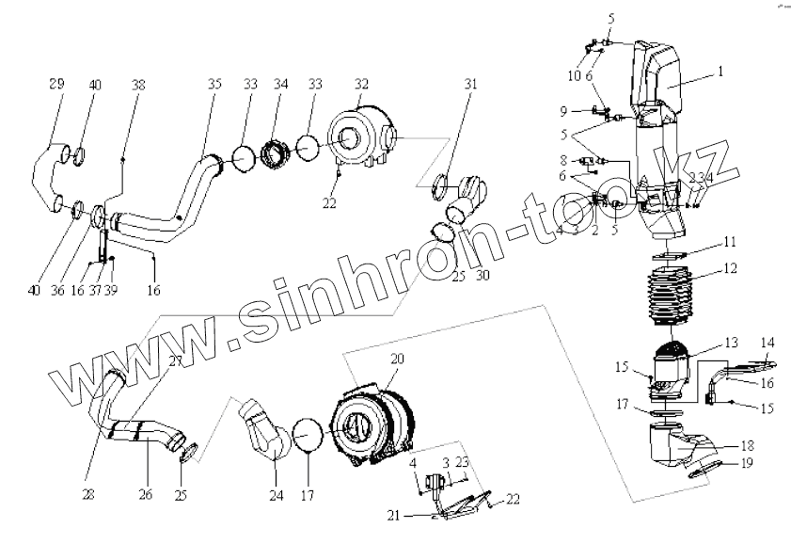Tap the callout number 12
728,268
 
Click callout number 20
397,360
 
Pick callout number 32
362,83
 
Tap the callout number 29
55,85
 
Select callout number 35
214,85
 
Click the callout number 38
139,85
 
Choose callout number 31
470,85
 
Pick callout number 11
729,242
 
